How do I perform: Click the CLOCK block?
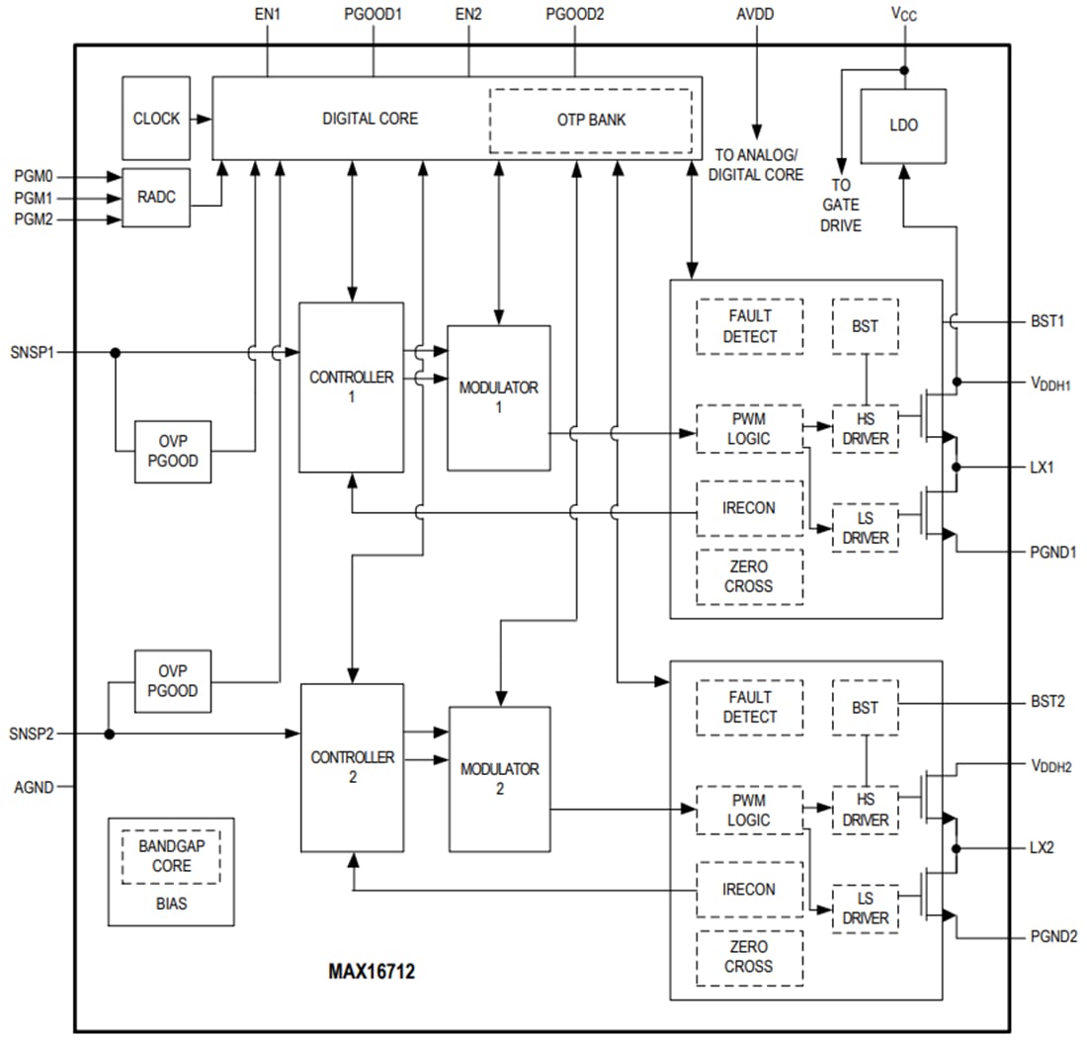pos(156,119)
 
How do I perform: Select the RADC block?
pos(156,198)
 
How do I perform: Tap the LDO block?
pos(903,126)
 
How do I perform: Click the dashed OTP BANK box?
pos(590,121)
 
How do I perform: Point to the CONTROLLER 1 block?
pos(351,387)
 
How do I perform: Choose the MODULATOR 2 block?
pos(499,779)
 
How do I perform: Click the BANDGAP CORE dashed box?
pos(171,856)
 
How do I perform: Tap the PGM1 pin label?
pos(34,198)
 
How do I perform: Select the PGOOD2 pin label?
pos(575,15)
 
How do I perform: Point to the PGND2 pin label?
pos(1052,936)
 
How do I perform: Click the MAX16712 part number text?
pos(372,972)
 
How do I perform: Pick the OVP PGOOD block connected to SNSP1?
pos(173,452)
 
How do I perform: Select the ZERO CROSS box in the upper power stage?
pos(749,576)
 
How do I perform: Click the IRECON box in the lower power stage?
pos(749,889)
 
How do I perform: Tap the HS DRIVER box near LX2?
pos(866,811)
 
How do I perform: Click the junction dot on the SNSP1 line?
pos(116,352)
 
